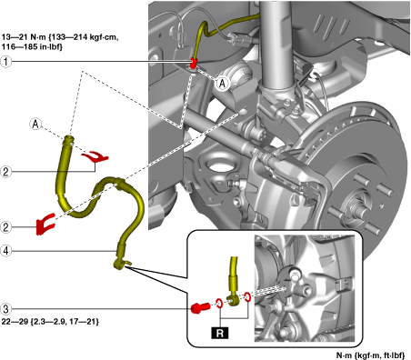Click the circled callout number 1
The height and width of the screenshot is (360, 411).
[6, 62]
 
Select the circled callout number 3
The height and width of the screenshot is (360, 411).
[6, 309]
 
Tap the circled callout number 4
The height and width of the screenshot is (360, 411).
[6, 251]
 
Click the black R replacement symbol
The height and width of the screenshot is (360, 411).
[220, 333]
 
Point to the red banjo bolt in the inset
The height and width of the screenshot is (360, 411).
[200, 308]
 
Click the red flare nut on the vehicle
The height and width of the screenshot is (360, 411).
[193, 63]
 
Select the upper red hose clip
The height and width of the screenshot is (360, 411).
[95, 156]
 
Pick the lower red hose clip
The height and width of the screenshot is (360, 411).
[45, 225]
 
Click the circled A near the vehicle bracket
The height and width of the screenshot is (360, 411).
[223, 83]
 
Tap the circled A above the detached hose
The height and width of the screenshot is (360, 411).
[35, 124]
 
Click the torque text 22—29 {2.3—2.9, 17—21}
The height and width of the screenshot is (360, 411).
[50, 322]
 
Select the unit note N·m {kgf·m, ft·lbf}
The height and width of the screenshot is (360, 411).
[370, 355]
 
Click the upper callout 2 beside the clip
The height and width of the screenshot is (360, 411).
[6, 172]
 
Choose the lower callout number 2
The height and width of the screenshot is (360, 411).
[6, 227]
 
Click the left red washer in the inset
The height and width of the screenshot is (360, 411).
[219, 303]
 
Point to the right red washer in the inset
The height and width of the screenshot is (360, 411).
[247, 297]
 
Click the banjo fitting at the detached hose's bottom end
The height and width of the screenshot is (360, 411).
[121, 264]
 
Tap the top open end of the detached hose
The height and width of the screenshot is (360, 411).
[69, 139]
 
